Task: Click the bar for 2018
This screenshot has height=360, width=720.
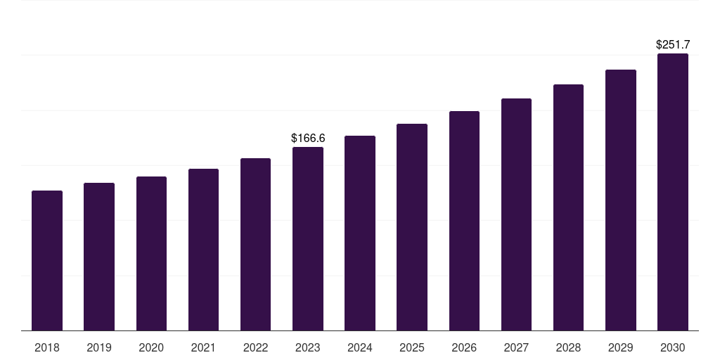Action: (x=47, y=260)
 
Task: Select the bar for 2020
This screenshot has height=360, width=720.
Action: (x=151, y=253)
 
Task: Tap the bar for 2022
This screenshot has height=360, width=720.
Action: (x=255, y=244)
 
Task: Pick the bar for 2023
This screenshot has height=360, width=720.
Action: (x=308, y=238)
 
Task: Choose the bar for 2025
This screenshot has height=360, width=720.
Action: (x=412, y=227)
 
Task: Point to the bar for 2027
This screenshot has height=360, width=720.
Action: (x=516, y=214)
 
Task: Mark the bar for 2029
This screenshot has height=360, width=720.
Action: (x=620, y=200)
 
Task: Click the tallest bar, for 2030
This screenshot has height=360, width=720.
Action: (x=672, y=192)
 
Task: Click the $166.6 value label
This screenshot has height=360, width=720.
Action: (x=308, y=139)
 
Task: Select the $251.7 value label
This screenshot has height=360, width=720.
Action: (x=673, y=45)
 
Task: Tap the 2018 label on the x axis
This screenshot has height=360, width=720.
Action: (x=47, y=347)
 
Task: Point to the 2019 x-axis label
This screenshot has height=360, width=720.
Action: (x=99, y=347)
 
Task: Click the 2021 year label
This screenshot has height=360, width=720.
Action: (x=203, y=347)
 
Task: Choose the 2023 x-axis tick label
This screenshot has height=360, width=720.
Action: (x=308, y=347)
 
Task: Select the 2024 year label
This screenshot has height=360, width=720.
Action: (x=360, y=347)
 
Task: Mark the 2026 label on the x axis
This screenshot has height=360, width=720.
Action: (x=464, y=347)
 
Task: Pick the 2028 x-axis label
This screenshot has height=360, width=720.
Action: (x=568, y=347)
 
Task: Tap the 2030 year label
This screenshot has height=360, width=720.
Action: (x=672, y=347)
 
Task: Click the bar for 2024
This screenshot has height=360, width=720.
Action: (x=360, y=233)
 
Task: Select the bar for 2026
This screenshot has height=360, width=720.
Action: (x=464, y=221)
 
